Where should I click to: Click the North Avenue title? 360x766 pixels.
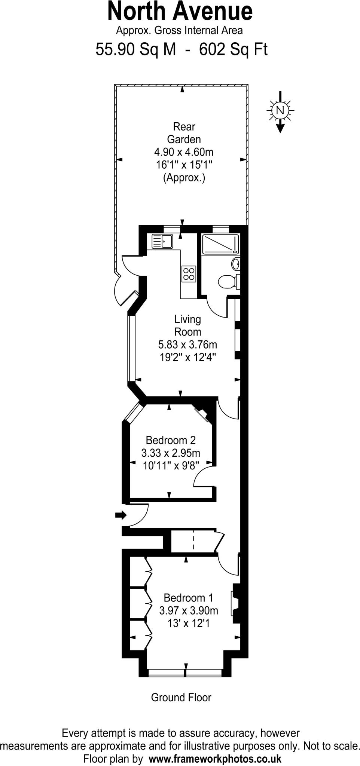(180, 11)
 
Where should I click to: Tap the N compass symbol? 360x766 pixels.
(280, 110)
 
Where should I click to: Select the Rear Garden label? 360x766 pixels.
(184, 133)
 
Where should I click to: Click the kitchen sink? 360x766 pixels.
(162, 241)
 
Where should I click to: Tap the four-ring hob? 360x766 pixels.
(189, 273)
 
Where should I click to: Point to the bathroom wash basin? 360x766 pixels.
(236, 264)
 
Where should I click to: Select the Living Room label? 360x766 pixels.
(187, 325)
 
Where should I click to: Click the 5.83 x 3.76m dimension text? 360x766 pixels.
(187, 344)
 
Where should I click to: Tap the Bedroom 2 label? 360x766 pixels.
(171, 440)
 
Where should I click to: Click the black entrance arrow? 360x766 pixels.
(121, 515)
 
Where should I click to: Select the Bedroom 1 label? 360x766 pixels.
(189, 598)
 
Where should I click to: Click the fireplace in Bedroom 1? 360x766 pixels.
(236, 603)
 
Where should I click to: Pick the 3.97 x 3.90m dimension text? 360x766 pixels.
(189, 611)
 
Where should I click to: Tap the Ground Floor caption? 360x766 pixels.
(181, 698)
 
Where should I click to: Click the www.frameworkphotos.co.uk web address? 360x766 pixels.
(215, 759)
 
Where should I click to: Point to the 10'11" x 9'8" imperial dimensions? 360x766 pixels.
(171, 466)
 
